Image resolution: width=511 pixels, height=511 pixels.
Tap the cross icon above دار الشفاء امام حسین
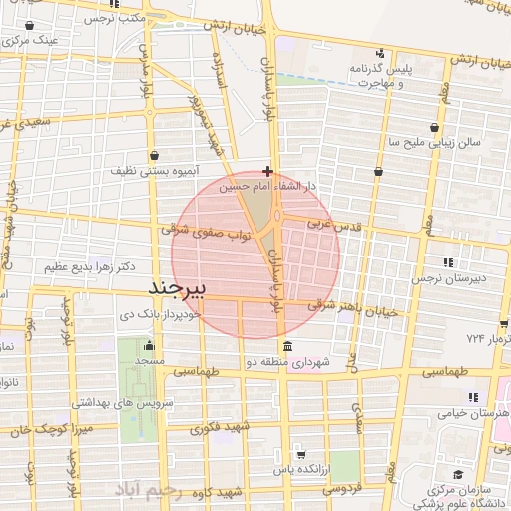click(267, 172)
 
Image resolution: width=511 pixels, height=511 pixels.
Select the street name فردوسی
click(335, 489)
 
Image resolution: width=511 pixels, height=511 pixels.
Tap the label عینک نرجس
click(36, 42)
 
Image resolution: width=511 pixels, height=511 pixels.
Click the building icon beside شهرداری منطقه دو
click(288, 346)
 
